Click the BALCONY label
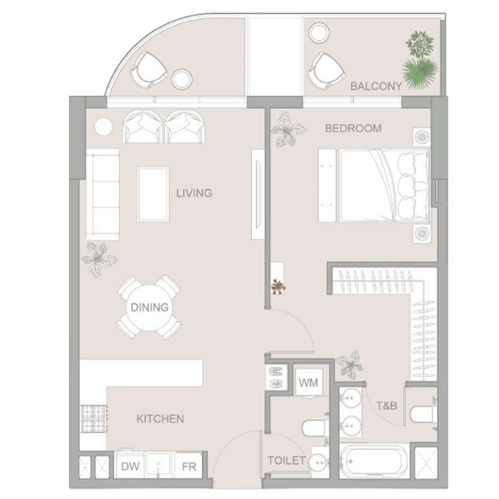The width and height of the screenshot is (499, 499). click(376, 86)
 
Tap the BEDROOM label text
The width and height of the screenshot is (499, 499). click(353, 128)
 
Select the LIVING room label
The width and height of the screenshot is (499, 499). click(194, 193)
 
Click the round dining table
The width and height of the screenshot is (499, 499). click(149, 307)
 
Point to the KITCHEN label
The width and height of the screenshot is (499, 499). click(160, 419)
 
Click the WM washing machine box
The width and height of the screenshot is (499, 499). click(308, 382)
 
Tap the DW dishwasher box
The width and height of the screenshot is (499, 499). click(130, 466)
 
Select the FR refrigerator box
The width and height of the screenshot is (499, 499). click(188, 466)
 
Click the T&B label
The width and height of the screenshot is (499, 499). click(386, 406)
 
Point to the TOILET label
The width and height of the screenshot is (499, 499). click(286, 460)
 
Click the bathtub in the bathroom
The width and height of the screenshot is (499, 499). click(374, 461)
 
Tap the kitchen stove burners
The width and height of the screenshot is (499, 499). click(93, 419)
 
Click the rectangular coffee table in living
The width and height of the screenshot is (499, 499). click(153, 194)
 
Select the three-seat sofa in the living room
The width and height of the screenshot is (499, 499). click(102, 194)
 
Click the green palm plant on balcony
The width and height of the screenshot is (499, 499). click(420, 74)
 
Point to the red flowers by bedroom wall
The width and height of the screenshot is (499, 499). click(278, 287)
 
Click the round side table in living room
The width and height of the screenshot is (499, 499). click(104, 127)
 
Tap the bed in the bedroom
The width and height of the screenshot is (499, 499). click(385, 186)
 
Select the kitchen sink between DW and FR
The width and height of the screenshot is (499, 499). click(159, 466)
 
